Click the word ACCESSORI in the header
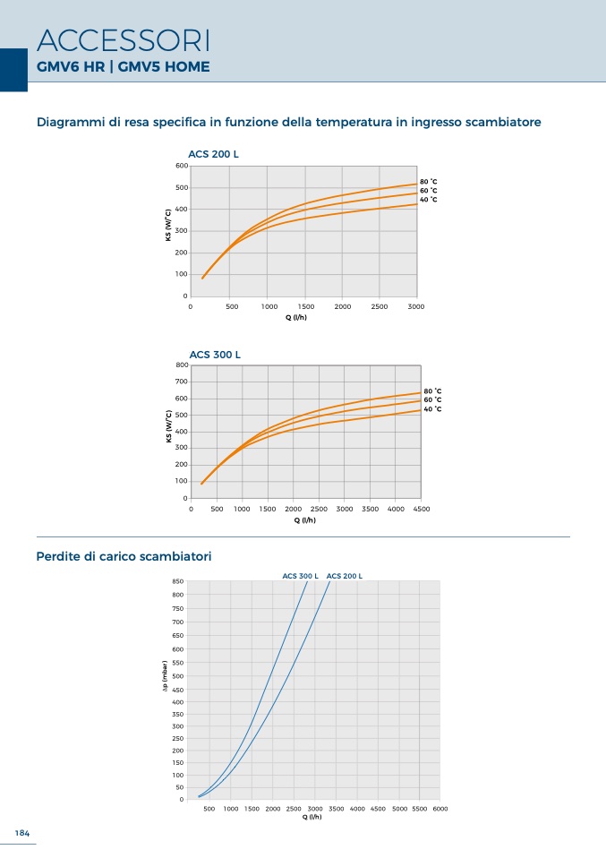(124, 40)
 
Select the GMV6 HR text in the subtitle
(71, 67)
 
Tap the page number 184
(21, 833)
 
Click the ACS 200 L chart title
(213, 154)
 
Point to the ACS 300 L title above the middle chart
(215, 355)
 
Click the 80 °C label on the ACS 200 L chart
(428, 182)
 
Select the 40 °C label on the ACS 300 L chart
(432, 408)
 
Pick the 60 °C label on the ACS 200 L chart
(428, 191)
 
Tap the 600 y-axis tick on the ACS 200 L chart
(182, 166)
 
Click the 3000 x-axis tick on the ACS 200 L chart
(416, 306)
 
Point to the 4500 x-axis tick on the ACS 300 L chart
(422, 509)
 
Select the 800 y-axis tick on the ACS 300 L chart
(182, 365)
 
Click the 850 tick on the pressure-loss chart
(178, 581)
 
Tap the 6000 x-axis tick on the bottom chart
(440, 808)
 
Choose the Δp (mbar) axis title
(165, 676)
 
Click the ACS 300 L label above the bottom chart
(300, 576)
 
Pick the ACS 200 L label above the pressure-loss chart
(345, 576)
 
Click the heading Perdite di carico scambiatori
(124, 556)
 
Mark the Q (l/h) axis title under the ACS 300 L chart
(305, 519)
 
